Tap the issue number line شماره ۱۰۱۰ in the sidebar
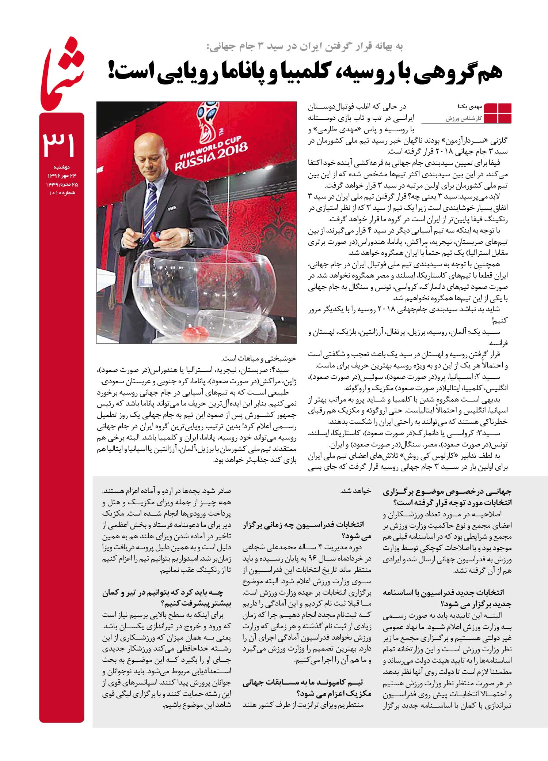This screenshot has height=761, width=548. pos(62,193)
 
